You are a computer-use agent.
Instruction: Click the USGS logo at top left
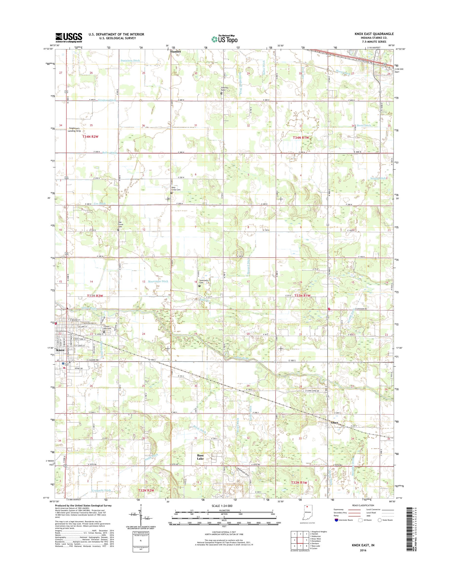coord(69,38)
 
